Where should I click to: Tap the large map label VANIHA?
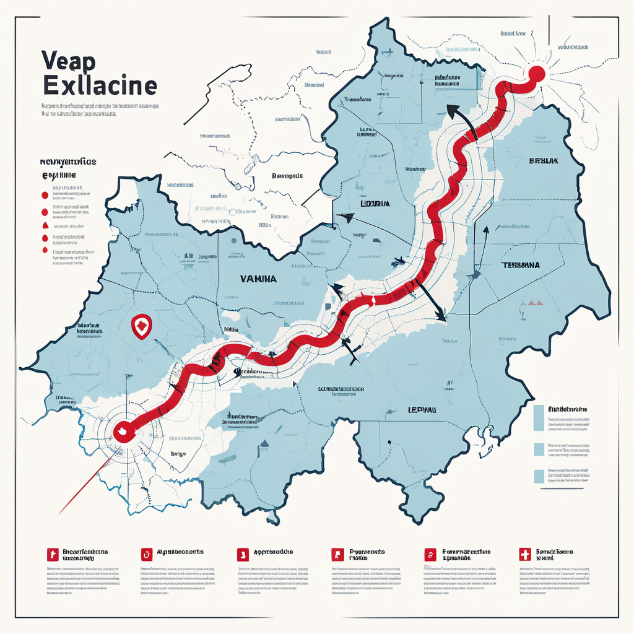pyautogui.click(x=258, y=279)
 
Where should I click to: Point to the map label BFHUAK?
pyautogui.click(x=543, y=160)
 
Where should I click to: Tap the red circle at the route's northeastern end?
pyautogui.click(x=537, y=73)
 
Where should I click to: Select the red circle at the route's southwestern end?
pyautogui.click(x=123, y=431)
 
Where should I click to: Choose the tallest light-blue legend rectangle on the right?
pyautogui.click(x=538, y=418)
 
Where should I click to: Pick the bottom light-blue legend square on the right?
pyautogui.click(x=538, y=476)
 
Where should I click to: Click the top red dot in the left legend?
pyautogui.click(x=44, y=194)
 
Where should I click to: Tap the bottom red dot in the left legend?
pyautogui.click(x=44, y=250)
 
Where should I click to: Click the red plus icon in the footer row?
pyautogui.click(x=524, y=554)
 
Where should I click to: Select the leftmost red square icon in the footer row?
pyautogui.click(x=53, y=554)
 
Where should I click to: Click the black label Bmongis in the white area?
pyautogui.click(x=287, y=176)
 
